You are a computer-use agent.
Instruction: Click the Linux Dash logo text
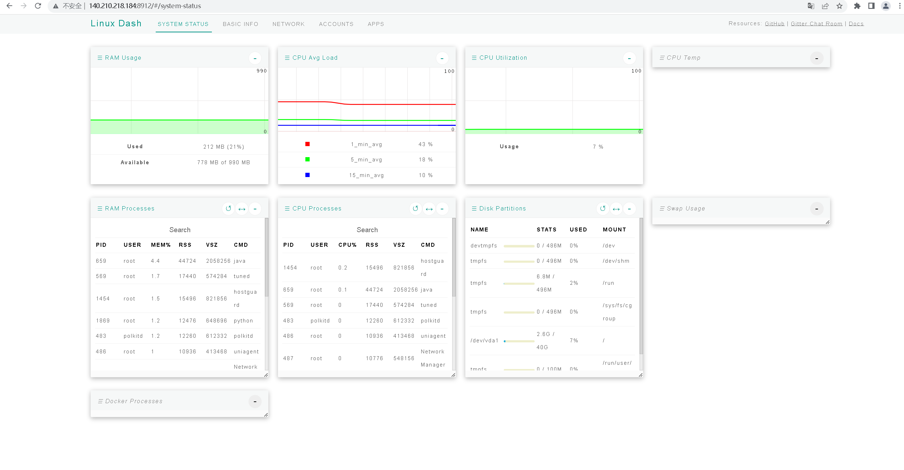(x=116, y=23)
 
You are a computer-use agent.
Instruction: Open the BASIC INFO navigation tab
(x=240, y=24)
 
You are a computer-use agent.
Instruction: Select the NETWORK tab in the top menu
(x=288, y=24)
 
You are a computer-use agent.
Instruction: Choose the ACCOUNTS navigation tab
(x=336, y=24)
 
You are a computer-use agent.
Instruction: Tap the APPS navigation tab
(x=376, y=24)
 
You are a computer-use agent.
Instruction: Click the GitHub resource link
(x=774, y=24)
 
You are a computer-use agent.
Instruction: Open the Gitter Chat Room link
(x=816, y=24)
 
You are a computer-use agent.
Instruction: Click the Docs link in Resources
(x=856, y=24)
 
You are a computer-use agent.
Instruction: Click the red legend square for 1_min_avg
(x=307, y=144)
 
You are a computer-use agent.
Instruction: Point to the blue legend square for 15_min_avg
(x=307, y=175)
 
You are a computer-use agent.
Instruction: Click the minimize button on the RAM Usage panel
(x=255, y=58)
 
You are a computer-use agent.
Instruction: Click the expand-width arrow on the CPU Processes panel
(x=429, y=209)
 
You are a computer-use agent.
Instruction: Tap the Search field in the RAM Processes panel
(x=180, y=230)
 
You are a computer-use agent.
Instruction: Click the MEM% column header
(x=161, y=245)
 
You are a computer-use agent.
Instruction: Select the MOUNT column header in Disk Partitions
(x=614, y=230)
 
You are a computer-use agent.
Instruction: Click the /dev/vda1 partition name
(x=484, y=341)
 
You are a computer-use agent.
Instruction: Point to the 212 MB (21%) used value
(x=224, y=147)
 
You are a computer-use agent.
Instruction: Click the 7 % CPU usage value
(x=598, y=147)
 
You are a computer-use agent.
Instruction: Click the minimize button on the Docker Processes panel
(x=255, y=401)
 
